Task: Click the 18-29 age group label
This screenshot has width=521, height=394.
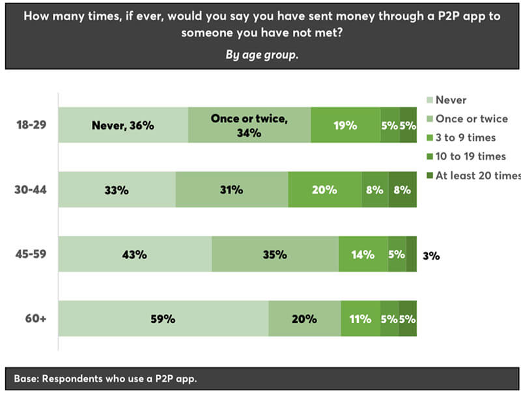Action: [x=31, y=125]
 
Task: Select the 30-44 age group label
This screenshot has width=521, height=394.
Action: [x=31, y=190]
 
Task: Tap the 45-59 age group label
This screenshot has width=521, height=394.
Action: [x=31, y=255]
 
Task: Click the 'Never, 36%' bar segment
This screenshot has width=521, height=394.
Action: [x=123, y=125]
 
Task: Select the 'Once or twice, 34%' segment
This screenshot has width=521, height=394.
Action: [x=249, y=125]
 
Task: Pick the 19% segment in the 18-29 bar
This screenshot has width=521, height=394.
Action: [x=346, y=125]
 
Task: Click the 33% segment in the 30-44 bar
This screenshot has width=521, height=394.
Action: [x=117, y=190]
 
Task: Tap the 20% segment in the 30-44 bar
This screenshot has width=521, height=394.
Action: [x=325, y=190]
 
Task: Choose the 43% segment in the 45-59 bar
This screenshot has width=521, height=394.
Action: [x=135, y=255]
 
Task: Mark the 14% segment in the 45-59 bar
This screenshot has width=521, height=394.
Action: [x=362, y=255]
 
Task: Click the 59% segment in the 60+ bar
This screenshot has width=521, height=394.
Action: [x=163, y=319]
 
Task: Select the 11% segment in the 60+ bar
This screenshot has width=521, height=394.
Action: [x=360, y=319]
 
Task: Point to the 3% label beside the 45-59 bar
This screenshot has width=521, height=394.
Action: [x=430, y=256]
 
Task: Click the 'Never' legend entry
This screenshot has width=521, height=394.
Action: [x=451, y=100]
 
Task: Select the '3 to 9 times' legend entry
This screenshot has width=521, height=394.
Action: [x=465, y=137]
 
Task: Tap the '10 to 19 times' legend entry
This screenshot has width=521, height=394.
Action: [x=470, y=156]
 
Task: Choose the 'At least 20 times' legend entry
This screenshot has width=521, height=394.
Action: [x=477, y=175]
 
